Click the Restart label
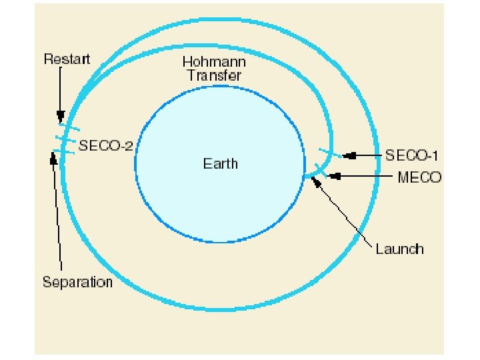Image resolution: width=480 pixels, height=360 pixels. point(67,59)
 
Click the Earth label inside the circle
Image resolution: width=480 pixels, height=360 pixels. point(220,163)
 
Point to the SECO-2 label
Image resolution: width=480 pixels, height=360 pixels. point(106,146)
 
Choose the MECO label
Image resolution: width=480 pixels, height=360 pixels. point(419,177)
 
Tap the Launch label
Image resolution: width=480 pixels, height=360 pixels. point(399,249)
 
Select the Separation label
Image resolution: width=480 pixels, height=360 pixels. point(77,282)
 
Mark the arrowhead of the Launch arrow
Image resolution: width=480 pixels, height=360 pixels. point(315,182)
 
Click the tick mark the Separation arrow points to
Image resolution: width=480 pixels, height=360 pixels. point(64,153)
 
